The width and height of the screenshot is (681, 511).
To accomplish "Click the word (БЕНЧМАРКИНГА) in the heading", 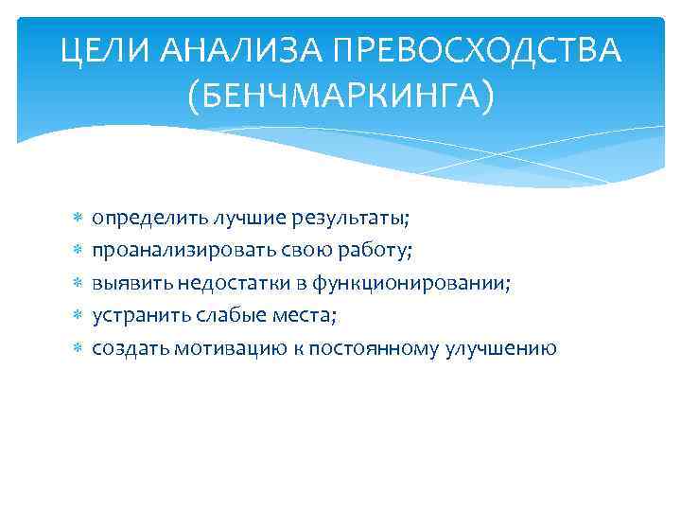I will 340,95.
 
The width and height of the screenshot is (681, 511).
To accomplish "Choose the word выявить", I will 127,283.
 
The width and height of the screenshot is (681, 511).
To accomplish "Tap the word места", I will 300,315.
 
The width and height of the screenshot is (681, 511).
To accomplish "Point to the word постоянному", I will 358,348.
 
